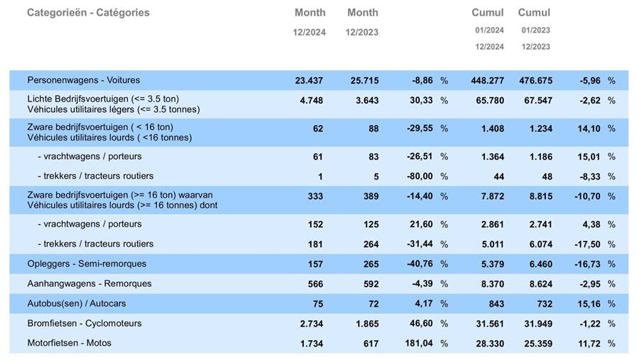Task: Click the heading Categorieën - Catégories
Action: pyautogui.click(x=88, y=13)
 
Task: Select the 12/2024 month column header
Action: pyautogui.click(x=310, y=21)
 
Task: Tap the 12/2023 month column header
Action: pyautogui.click(x=362, y=21)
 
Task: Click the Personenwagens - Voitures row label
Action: pyautogui.click(x=84, y=80)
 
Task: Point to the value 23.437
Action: pyautogui.click(x=309, y=81)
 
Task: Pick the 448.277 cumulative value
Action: pyautogui.click(x=487, y=81)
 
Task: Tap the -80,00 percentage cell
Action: pyautogui.click(x=418, y=176)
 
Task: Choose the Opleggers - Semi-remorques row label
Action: pyautogui.click(x=87, y=263)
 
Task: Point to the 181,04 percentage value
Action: pyautogui.click(x=417, y=344)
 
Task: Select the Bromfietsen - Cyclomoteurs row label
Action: pyautogui.click(x=84, y=323)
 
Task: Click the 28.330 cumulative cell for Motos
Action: pyautogui.click(x=489, y=344)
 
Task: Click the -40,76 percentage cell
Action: pyautogui.click(x=418, y=264)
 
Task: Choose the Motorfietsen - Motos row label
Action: pyautogui.click(x=70, y=343)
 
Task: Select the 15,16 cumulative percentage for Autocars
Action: pyautogui.click(x=589, y=304)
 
